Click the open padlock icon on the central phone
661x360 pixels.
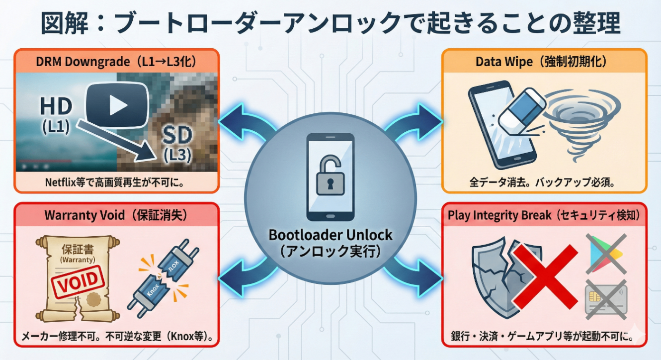pos(330,177)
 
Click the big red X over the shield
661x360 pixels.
pos(545,275)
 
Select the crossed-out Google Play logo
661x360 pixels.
pos(605,253)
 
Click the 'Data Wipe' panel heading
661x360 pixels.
pos(544,62)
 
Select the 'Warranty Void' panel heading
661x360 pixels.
pos(116,215)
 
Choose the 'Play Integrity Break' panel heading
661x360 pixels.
pos(544,215)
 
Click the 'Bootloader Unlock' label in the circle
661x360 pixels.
pos(330,235)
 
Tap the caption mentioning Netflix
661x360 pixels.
pos(115,182)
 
